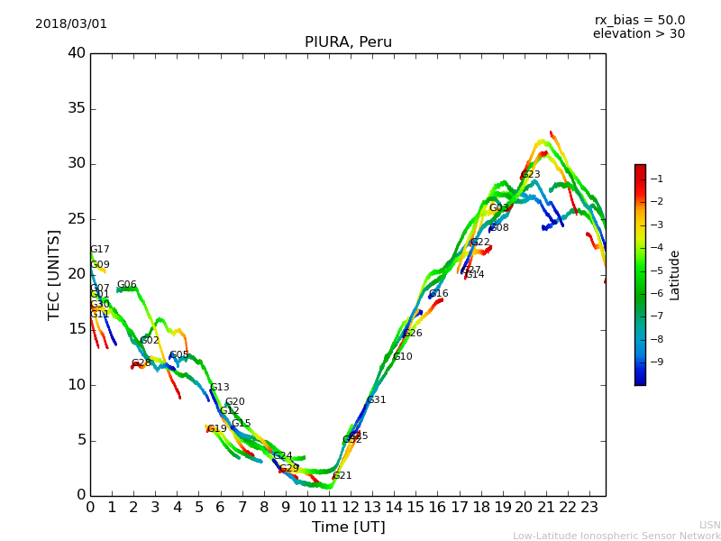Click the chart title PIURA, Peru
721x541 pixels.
click(348, 42)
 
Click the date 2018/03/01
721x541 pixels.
click(71, 24)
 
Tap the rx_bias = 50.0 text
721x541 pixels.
click(639, 21)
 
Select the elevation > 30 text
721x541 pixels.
click(639, 34)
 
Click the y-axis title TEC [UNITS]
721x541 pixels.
click(54, 274)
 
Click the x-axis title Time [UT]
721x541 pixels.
click(348, 527)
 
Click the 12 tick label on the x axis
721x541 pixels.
click(351, 507)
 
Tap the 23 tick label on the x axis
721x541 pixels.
click(589, 507)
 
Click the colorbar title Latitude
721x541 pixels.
click(675, 275)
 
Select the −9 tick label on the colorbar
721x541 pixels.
click(657, 362)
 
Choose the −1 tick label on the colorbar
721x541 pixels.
click(657, 179)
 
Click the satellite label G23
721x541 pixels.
click(531, 175)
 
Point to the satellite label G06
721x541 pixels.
click(127, 285)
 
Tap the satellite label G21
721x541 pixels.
click(342, 476)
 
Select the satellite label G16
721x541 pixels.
click(438, 294)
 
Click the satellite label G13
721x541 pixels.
click(220, 388)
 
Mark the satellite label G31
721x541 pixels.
click(376, 400)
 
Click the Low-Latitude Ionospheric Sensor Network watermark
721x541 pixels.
click(616, 536)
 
